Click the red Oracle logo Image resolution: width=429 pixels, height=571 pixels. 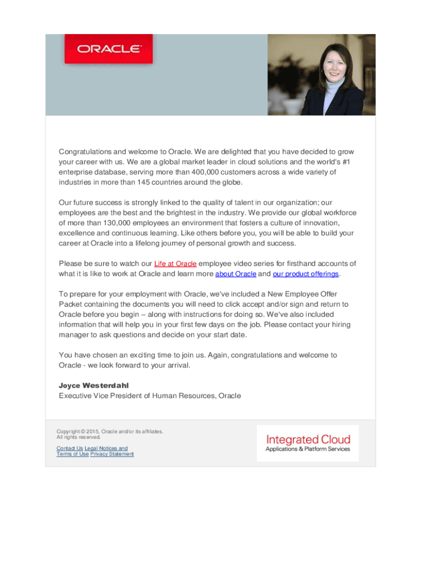[x=108, y=49]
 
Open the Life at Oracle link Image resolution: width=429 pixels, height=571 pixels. [x=175, y=264]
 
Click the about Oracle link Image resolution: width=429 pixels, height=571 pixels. [x=236, y=274]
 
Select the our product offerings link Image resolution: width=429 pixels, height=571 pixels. [x=305, y=274]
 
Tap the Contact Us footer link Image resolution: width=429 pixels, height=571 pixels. [x=70, y=448]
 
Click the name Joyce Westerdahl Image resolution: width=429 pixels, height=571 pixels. [x=94, y=385]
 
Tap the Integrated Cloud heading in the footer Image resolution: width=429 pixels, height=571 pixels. [x=308, y=439]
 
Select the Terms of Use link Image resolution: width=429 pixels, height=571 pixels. [x=72, y=454]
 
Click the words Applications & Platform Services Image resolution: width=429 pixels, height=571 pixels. [x=308, y=449]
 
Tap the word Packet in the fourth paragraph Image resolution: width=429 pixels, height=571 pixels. [x=71, y=304]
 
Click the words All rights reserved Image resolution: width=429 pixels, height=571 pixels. [x=79, y=437]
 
